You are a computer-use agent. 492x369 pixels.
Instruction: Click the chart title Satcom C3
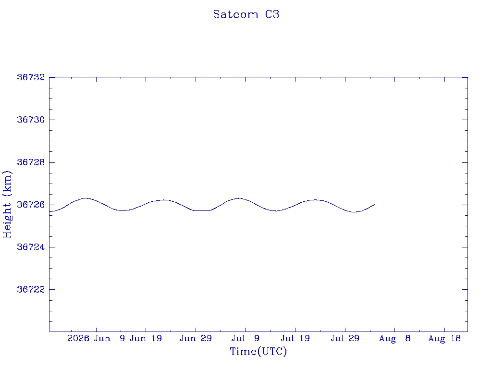[246, 14]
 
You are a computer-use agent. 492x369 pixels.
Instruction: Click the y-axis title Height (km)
[7, 204]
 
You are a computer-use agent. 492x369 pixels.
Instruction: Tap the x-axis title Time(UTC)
[258, 351]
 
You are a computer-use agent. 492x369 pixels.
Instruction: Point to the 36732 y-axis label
[31, 77]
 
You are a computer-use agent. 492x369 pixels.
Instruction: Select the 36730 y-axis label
[31, 120]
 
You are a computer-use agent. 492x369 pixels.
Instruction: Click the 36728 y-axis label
[31, 162]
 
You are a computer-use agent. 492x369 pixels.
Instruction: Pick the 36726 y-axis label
[31, 205]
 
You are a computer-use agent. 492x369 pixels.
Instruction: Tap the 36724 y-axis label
[31, 247]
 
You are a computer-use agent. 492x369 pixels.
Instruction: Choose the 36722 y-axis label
[31, 289]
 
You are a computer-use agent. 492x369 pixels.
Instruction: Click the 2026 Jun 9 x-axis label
[96, 338]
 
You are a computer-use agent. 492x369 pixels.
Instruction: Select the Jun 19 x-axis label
[146, 338]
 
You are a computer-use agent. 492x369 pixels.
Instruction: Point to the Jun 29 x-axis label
[196, 338]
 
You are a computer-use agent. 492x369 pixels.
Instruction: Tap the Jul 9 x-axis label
[246, 338]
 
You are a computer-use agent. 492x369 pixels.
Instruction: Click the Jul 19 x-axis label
[295, 338]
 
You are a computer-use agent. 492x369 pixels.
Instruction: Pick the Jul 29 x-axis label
[345, 338]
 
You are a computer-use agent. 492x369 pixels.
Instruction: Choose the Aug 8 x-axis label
[395, 339]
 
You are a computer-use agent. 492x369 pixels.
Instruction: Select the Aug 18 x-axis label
[444, 339]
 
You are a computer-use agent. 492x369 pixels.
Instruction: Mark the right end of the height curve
[374, 205]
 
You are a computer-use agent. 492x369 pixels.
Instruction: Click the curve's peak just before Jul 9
[240, 198]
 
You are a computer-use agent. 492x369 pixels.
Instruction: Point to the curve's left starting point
[49, 211]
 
